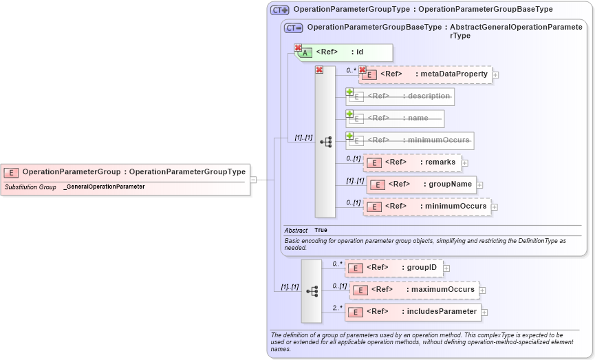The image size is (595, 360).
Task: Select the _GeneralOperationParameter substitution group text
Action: point(104,187)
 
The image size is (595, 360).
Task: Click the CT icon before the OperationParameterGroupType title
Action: point(279,10)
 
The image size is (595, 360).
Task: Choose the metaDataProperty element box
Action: point(426,74)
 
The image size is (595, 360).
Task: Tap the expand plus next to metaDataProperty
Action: point(495,74)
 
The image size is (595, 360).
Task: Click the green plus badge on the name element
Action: point(349,114)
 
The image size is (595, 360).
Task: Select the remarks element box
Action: point(411,162)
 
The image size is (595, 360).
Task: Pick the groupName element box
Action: point(421,184)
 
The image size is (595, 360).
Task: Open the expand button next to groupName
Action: point(480,184)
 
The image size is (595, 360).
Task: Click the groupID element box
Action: point(394,268)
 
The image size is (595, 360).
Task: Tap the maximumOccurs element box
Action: point(415,290)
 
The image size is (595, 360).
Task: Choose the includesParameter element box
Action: point(413,312)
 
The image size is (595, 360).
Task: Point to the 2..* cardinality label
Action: point(337,308)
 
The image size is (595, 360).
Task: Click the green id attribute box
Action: point(344,52)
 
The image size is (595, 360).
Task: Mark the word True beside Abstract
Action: point(321,230)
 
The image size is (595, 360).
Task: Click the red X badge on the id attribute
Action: point(298,48)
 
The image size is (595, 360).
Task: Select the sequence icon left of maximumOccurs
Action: point(312,291)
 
